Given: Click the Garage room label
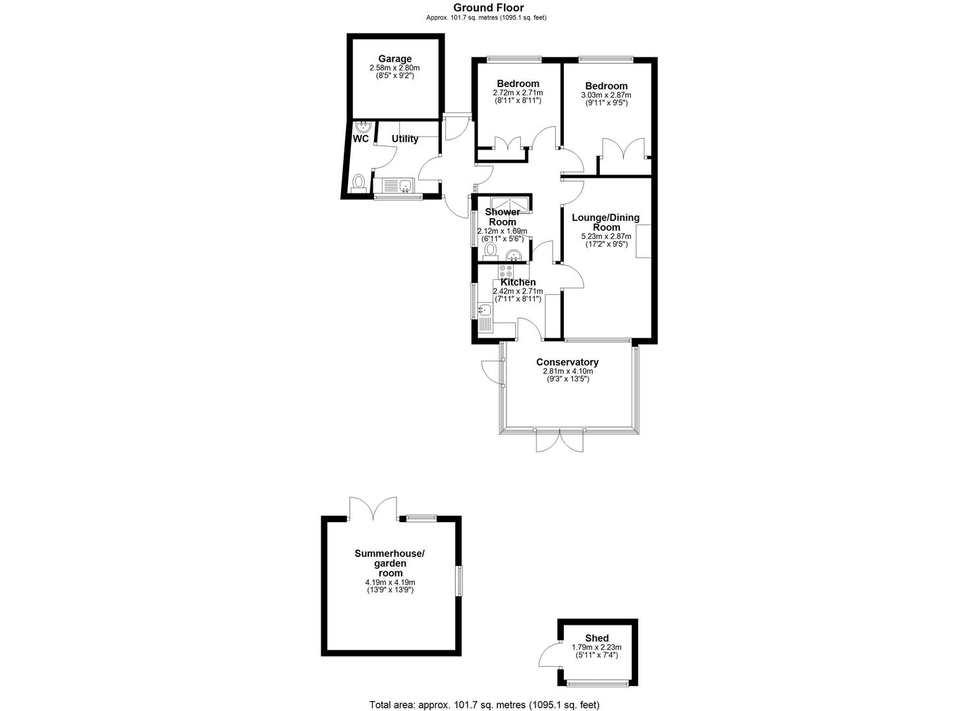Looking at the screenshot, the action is point(394,59).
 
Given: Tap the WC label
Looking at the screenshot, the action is point(361,139).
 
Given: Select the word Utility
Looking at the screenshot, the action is point(405,139).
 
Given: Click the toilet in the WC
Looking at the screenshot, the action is point(359,183).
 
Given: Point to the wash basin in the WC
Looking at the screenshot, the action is point(364,127).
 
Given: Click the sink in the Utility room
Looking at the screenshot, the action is point(100,186).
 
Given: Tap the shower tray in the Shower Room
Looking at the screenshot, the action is point(510,205).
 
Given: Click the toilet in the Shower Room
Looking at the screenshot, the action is point(491,252).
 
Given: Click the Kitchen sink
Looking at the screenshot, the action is point(485,310).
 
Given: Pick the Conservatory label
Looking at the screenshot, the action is point(567,362).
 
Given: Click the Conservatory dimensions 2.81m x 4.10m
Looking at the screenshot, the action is point(568,371).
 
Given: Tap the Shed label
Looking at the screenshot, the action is point(597,638).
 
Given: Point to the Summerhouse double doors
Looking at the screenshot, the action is point(373,508).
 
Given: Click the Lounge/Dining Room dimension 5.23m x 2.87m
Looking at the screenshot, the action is point(606,236).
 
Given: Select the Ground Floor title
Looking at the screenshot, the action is point(489,7).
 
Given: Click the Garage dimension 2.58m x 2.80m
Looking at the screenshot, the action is point(394,68).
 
